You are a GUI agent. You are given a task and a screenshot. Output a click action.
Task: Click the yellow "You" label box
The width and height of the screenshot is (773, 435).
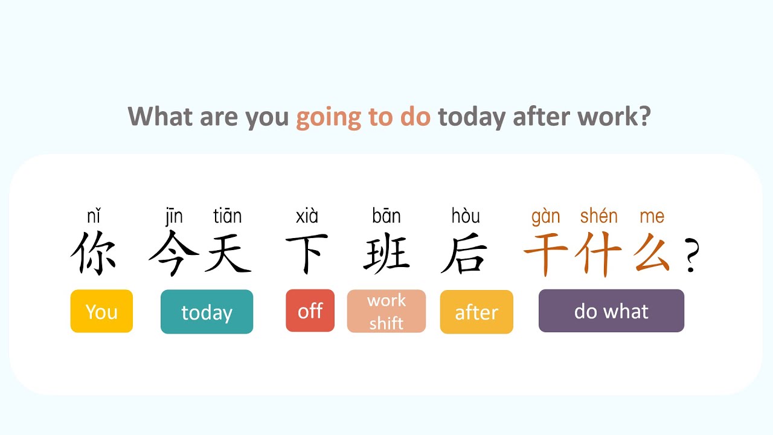(x=101, y=311)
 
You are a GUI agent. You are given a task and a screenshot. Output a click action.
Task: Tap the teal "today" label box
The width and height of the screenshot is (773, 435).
(x=207, y=312)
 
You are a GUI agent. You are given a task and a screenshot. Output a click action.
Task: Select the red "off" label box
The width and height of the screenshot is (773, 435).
(x=310, y=311)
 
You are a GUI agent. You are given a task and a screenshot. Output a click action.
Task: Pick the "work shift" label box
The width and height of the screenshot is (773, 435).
(x=386, y=311)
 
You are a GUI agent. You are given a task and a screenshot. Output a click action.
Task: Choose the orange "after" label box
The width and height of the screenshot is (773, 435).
(x=476, y=312)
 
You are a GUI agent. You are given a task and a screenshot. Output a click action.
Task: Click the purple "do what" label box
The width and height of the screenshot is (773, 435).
(x=611, y=311)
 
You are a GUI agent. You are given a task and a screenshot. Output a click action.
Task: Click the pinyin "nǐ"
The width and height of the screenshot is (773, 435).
(x=94, y=216)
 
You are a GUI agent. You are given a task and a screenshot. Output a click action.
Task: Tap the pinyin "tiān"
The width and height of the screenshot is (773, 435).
(x=228, y=216)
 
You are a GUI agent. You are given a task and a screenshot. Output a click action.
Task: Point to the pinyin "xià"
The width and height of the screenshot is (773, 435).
(x=307, y=216)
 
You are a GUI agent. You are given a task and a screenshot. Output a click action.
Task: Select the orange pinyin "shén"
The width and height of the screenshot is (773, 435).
(x=598, y=216)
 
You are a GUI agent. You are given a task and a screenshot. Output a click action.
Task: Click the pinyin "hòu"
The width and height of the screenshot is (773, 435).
(x=466, y=216)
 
